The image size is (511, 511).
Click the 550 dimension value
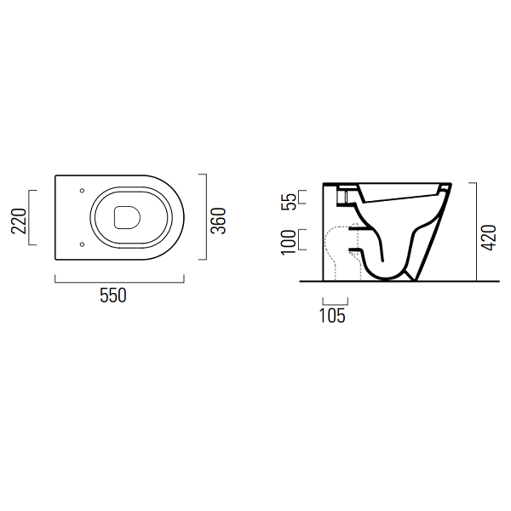pos(112,296)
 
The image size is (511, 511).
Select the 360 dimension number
pos(218,221)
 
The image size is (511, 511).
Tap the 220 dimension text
pos(19,221)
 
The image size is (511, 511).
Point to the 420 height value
pos(489,238)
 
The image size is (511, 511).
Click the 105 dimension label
pos(332,315)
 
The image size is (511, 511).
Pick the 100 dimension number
pos(288,242)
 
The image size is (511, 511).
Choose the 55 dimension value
pos(289,201)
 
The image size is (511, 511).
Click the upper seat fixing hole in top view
pos(82,190)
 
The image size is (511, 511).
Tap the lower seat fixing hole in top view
pos(82,244)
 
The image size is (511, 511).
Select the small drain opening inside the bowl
pos(127,217)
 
